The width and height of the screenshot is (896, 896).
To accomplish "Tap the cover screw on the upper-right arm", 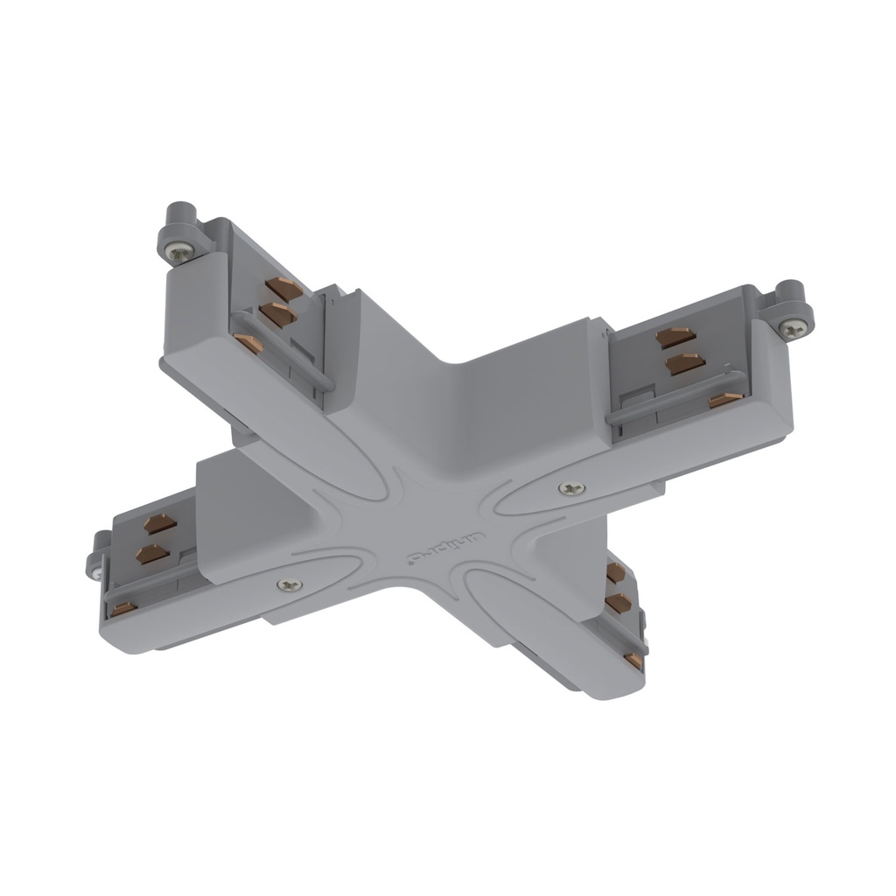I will (x=572, y=488).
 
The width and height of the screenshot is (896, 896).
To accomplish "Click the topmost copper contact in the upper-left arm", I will (x=284, y=287).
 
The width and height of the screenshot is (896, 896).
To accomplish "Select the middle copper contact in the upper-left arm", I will (x=277, y=313).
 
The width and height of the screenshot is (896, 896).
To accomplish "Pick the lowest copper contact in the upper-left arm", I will (x=249, y=342).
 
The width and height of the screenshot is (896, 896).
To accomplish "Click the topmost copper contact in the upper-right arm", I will (x=676, y=336).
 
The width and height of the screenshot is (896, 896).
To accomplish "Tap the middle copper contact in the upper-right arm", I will (x=684, y=362).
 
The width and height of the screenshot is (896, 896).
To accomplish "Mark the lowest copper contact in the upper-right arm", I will (x=725, y=400).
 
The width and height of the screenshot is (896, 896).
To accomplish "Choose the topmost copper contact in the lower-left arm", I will (x=160, y=523).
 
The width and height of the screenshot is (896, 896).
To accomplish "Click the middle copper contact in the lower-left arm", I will (x=152, y=553).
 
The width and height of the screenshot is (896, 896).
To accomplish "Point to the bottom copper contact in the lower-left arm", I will (x=123, y=607).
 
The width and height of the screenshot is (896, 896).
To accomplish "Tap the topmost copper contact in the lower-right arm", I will (x=615, y=572).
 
